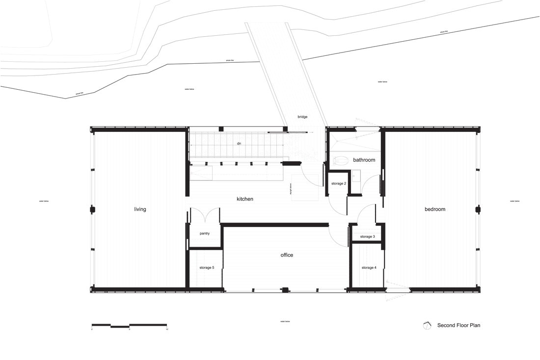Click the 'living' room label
tap(140, 209)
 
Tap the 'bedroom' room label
tap(435, 209)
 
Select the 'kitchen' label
tap(244, 199)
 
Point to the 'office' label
tap(287, 255)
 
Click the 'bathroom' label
tap(364, 160)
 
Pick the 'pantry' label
tap(205, 233)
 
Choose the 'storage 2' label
tap(339, 183)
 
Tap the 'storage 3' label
tap(367, 237)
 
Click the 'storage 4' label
tap(369, 268)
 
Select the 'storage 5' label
tap(207, 268)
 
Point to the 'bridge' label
tap(302, 117)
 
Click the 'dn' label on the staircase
tap(239, 144)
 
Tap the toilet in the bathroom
tap(340, 160)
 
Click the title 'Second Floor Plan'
tap(459, 325)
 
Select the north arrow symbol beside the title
tap(428, 325)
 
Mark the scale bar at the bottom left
tap(130, 325)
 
